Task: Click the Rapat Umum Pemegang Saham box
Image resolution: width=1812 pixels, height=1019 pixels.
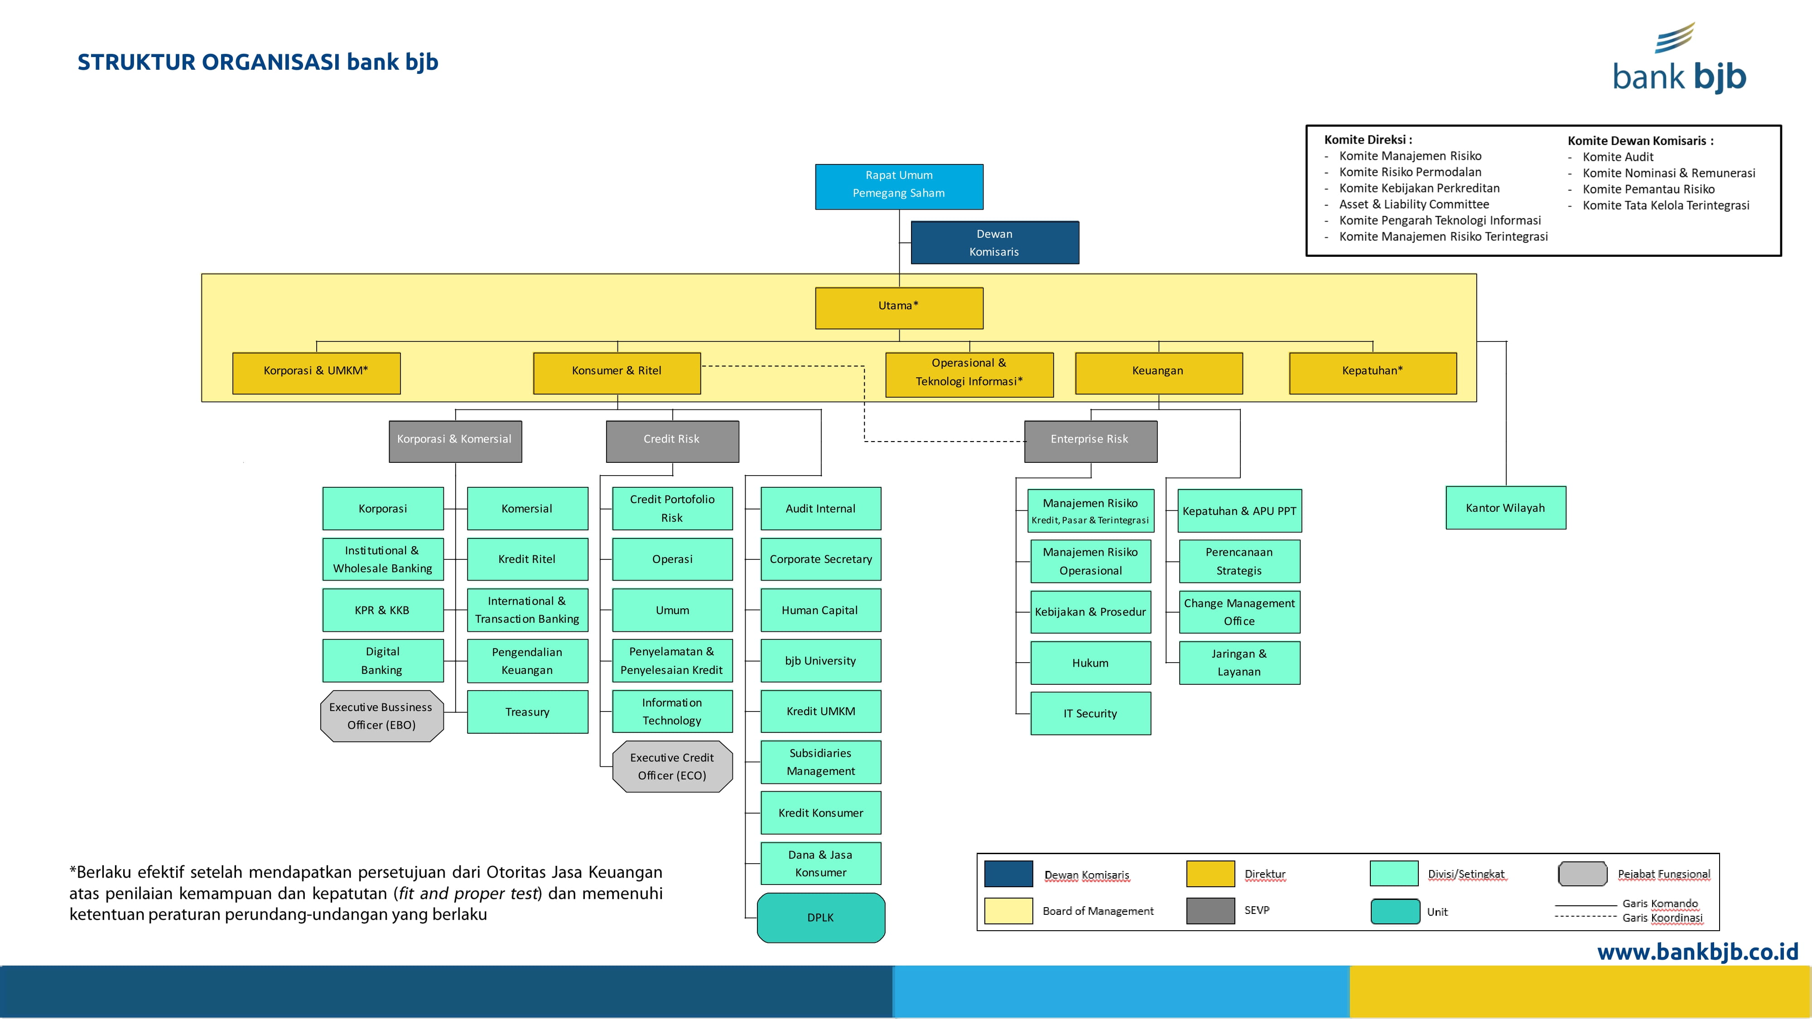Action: pyautogui.click(x=899, y=186)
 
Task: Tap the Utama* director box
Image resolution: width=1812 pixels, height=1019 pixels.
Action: pyautogui.click(x=899, y=308)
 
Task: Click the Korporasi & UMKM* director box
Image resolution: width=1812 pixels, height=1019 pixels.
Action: pyautogui.click(x=316, y=373)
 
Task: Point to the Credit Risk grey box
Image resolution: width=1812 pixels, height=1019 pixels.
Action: pyautogui.click(x=672, y=441)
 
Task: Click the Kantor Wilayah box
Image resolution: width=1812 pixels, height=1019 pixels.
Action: pyautogui.click(x=1505, y=508)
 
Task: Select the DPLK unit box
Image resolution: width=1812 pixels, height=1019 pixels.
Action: pyautogui.click(x=821, y=918)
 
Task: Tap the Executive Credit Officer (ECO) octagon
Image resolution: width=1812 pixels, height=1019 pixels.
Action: pyautogui.click(x=672, y=767)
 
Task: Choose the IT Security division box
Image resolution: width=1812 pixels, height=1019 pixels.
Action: pyautogui.click(x=1090, y=714)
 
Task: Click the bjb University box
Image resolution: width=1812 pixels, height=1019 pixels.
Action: pyautogui.click(x=821, y=661)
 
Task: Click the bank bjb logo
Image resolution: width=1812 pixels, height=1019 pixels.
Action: pyautogui.click(x=1680, y=60)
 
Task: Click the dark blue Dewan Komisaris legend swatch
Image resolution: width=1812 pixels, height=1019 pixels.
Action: pyautogui.click(x=1008, y=874)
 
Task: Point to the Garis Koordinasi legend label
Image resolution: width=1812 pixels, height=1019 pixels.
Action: pyautogui.click(x=1662, y=918)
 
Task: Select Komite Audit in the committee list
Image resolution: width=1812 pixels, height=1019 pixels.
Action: pyautogui.click(x=1618, y=157)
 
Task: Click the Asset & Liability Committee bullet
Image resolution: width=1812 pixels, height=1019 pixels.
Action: pyautogui.click(x=1414, y=204)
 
